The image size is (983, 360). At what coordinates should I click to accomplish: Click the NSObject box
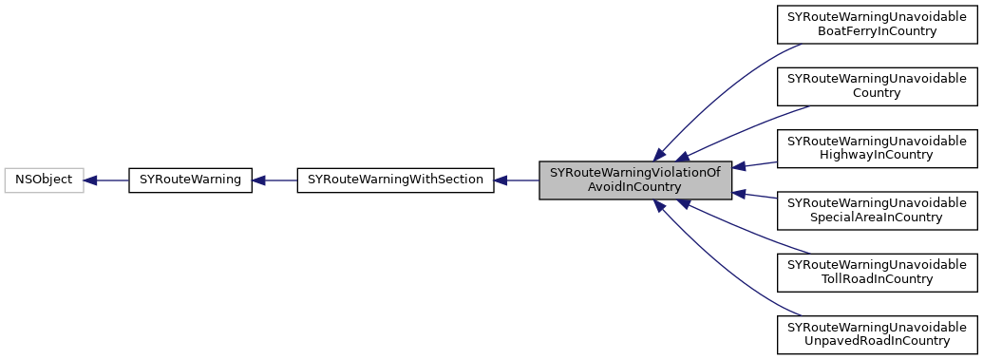coord(44,180)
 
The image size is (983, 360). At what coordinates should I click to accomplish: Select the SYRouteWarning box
coord(190,180)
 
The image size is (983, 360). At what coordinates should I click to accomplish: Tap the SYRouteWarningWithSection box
coord(395,180)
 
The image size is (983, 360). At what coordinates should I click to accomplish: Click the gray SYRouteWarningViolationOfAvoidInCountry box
coord(635,180)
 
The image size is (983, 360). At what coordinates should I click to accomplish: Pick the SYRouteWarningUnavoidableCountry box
coord(877,85)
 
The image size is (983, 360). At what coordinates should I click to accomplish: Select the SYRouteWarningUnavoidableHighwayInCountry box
coord(877,147)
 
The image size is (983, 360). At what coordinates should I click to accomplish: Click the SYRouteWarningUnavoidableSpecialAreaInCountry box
coord(877,209)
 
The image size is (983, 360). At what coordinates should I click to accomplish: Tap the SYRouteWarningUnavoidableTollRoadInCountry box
coord(877,271)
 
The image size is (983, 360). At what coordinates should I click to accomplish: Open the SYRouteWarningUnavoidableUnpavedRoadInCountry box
coord(877,332)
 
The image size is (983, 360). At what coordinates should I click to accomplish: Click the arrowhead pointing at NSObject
coord(91,180)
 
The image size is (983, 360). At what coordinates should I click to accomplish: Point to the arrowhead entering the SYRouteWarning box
coord(259,180)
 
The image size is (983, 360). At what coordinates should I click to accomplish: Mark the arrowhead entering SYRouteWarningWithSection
coord(502,180)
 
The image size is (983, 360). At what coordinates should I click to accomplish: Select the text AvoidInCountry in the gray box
coord(635,187)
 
